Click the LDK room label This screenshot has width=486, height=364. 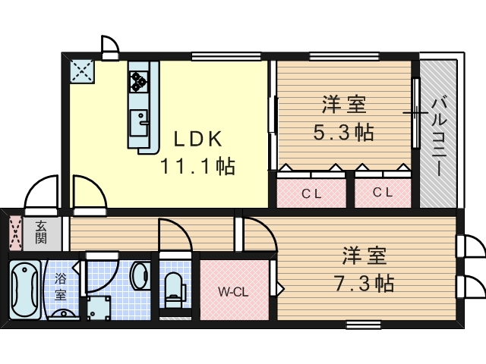(198, 139)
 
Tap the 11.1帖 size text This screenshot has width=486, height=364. (197, 166)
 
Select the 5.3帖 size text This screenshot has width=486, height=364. (344, 132)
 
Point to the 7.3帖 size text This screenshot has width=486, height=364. (364, 283)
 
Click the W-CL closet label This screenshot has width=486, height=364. (233, 291)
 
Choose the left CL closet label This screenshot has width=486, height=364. (311, 194)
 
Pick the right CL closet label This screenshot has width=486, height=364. (383, 193)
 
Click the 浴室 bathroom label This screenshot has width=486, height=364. (61, 287)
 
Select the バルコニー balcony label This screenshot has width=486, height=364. (439, 136)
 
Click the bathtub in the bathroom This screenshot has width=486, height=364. (24, 290)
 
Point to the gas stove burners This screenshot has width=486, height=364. (138, 82)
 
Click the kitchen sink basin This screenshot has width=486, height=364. (138, 123)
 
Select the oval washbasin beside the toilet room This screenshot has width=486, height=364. (140, 276)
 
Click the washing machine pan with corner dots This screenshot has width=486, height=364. (99, 308)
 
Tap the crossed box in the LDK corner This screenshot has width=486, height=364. (82, 71)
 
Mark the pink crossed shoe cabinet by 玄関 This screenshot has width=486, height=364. (15, 234)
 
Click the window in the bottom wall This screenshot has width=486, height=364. (363, 324)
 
